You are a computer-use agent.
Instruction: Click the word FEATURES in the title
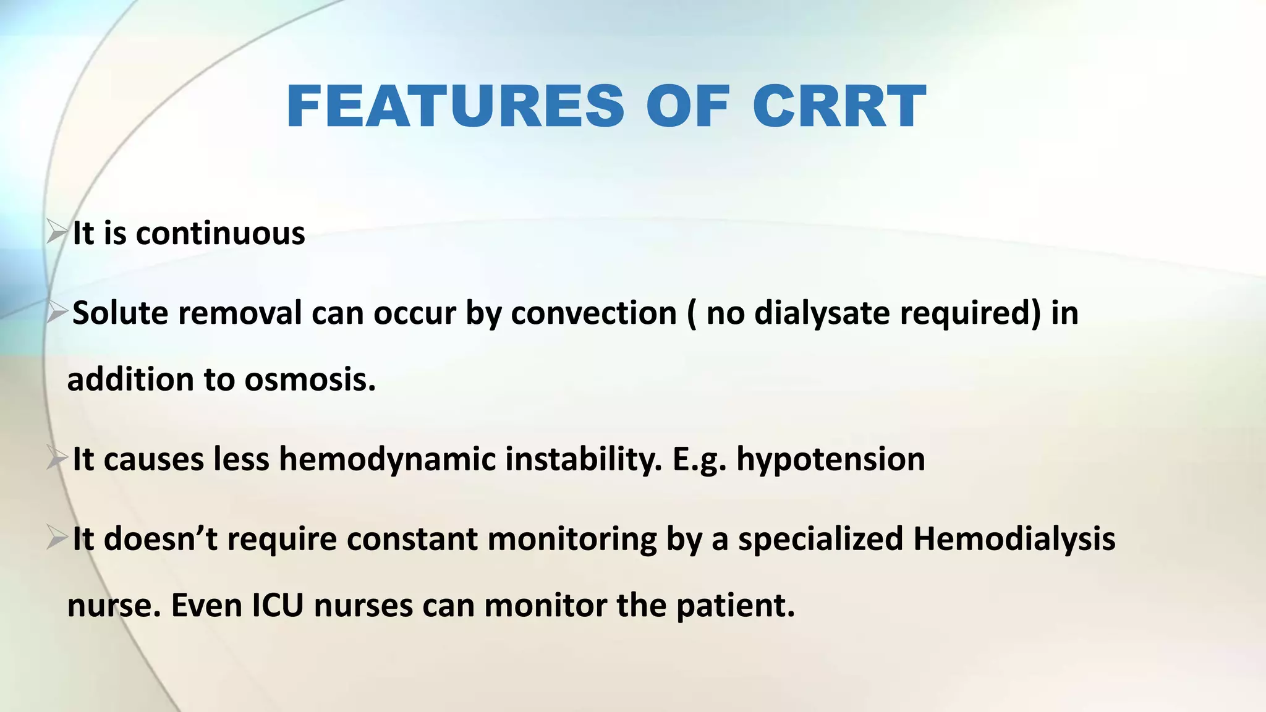point(456,107)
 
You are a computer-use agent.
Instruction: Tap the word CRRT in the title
point(839,107)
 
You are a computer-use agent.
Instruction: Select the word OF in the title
point(687,107)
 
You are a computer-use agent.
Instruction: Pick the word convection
point(593,313)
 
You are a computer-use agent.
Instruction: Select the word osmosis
point(310,379)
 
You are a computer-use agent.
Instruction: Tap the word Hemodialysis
point(1014,538)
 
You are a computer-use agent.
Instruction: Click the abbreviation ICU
point(278,605)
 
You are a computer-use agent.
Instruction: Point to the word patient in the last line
point(735,605)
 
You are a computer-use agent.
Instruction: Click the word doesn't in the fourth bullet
point(160,538)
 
